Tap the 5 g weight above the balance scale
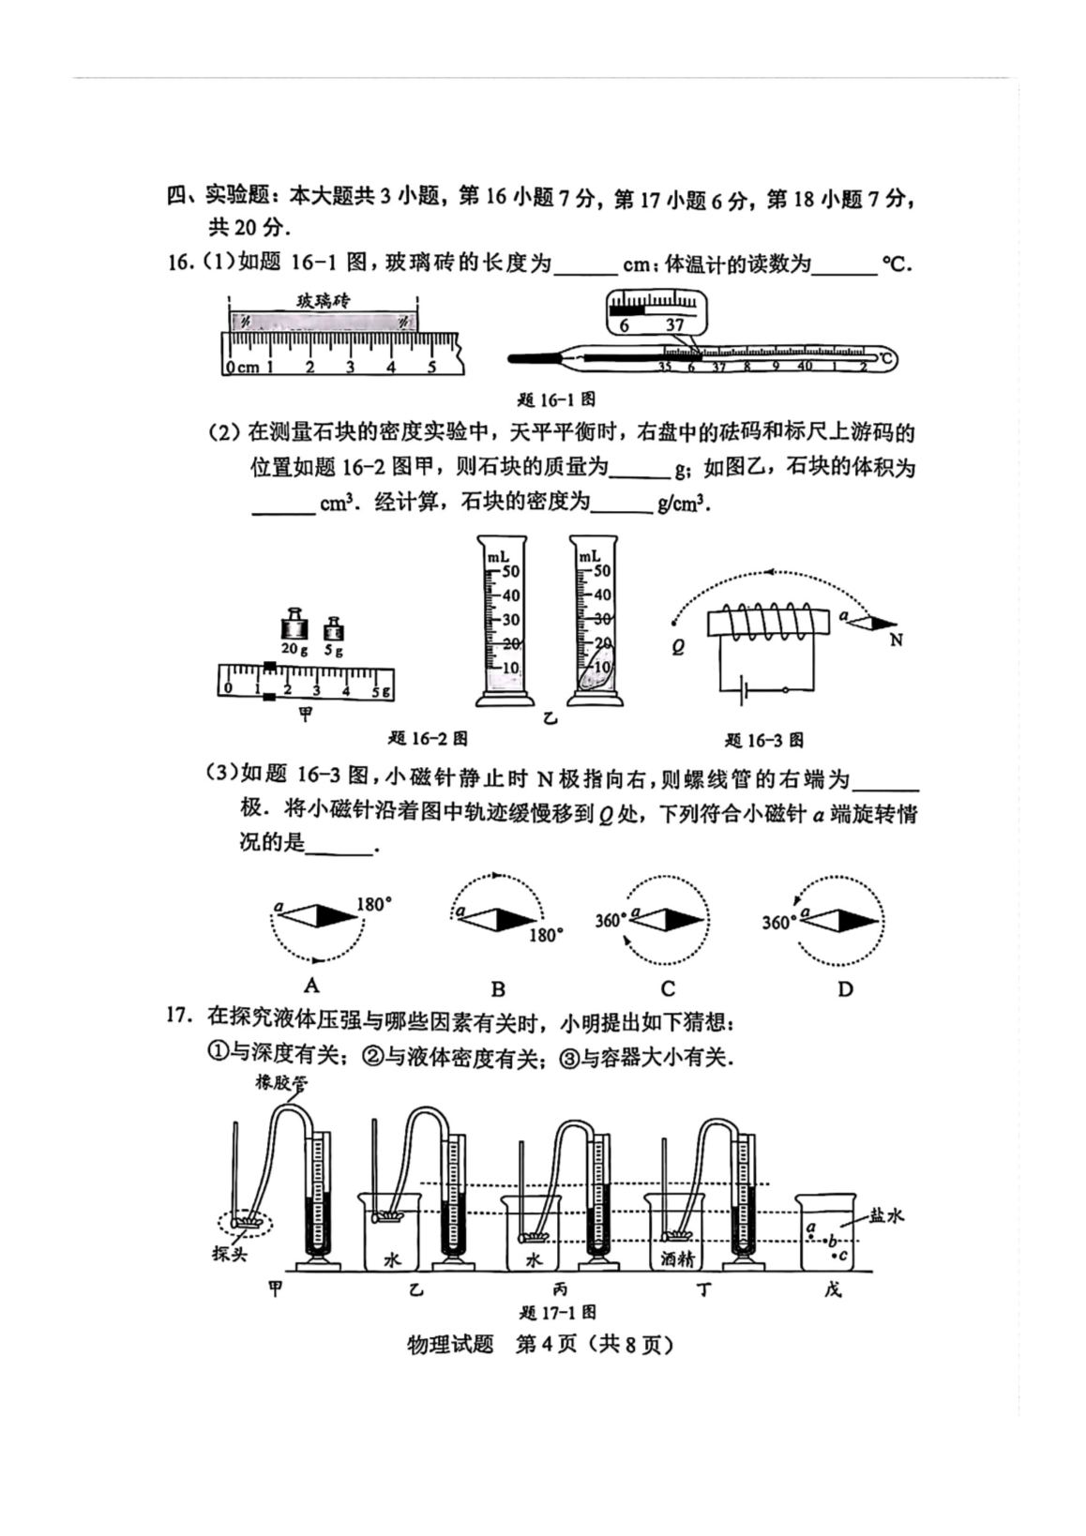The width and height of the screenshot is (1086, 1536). click(333, 628)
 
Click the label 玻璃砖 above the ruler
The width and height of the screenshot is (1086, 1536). click(323, 301)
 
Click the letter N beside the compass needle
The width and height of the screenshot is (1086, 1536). click(897, 640)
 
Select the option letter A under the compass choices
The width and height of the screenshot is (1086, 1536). click(311, 985)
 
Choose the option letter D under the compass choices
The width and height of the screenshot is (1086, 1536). click(845, 988)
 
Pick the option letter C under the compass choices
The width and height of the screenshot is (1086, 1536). click(668, 988)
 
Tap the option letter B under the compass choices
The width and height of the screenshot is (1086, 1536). click(498, 988)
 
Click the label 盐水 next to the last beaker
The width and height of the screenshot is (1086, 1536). click(886, 1215)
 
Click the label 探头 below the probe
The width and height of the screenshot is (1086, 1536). click(229, 1254)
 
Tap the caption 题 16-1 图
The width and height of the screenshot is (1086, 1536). click(556, 399)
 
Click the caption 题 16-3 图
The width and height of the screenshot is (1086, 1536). click(764, 740)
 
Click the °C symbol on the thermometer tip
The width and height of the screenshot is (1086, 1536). click(886, 359)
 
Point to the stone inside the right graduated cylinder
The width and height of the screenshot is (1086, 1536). click(596, 674)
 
